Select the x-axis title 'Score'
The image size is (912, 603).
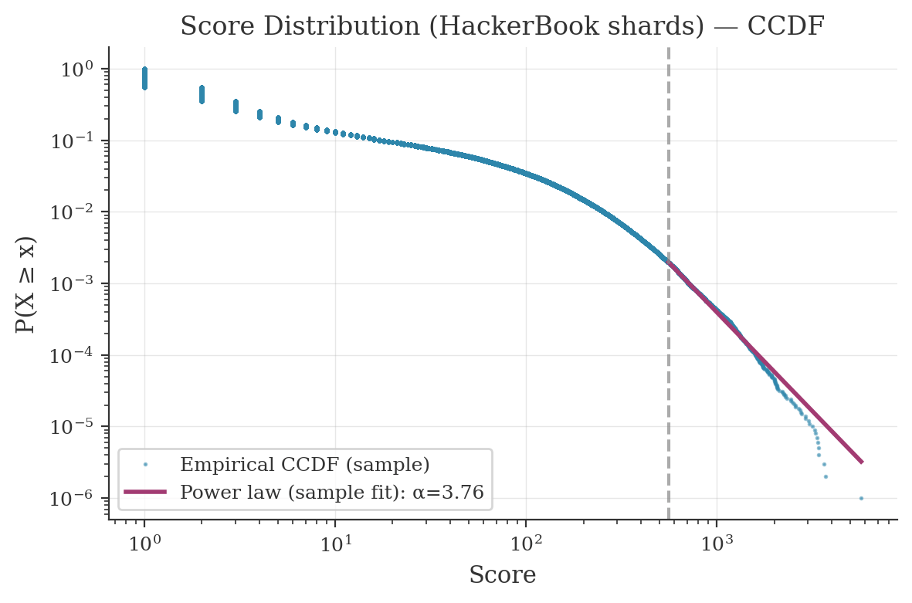coord(502,575)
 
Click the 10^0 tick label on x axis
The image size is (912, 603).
coord(144,539)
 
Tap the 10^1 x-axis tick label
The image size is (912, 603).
coord(335,539)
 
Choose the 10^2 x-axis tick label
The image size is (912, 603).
coord(526,539)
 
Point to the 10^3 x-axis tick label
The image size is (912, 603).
coord(717,539)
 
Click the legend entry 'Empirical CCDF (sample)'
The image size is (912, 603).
coord(304,465)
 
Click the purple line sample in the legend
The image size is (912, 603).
coord(145,493)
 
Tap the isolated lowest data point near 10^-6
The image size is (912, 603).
coord(861,498)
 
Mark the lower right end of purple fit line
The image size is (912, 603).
coord(861,462)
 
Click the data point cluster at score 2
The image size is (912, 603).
coord(202,94)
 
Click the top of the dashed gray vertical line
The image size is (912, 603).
coord(668,49)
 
